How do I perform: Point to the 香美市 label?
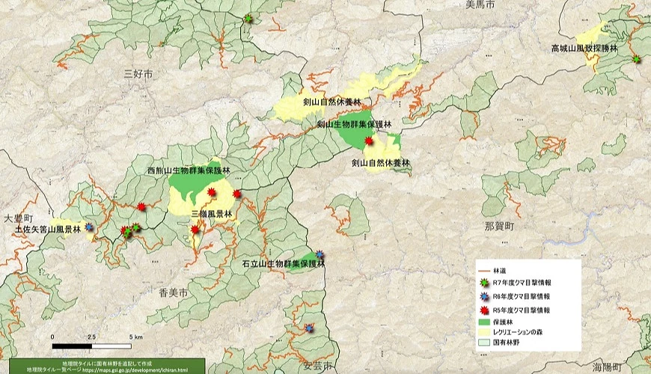coord(173,290)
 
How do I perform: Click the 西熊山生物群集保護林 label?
coord(189,171)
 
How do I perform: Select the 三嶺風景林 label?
coord(212,214)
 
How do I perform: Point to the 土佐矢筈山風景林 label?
coord(47,230)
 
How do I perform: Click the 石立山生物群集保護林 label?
coord(283,264)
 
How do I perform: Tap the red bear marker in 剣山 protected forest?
coord(368,141)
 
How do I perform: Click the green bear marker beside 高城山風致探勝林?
coord(637,58)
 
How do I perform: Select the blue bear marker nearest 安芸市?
coord(309,328)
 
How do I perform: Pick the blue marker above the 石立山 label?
coord(320,254)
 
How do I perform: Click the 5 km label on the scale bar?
coord(135,337)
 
